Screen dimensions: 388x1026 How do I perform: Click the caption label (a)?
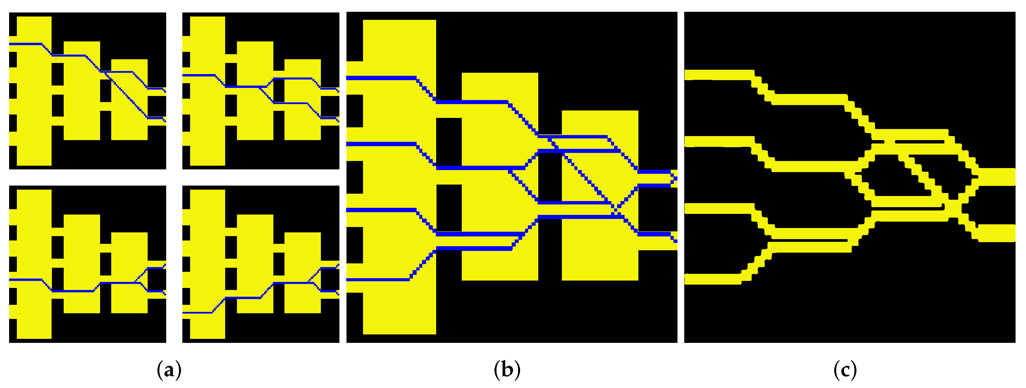pos(169,370)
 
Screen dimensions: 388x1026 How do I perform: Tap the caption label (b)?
pos(507,370)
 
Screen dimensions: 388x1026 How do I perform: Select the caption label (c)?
pos(845,370)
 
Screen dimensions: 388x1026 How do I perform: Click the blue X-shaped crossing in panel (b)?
pos(616,208)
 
